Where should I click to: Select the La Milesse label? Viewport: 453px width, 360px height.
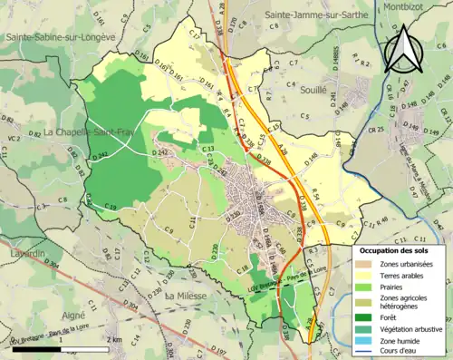[188, 297]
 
